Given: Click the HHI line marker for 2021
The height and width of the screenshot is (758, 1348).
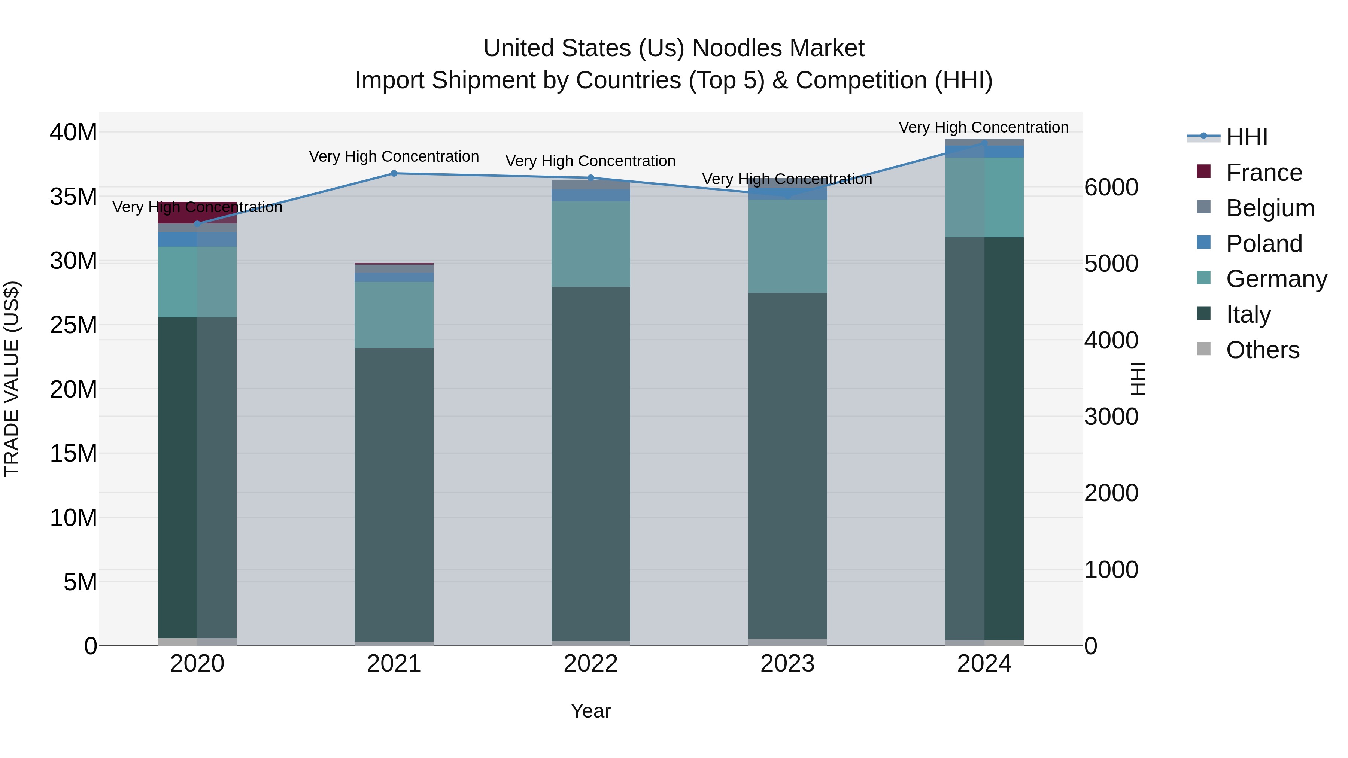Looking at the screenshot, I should click(x=394, y=173).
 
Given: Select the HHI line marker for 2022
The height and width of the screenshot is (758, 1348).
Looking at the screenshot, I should click(x=591, y=178).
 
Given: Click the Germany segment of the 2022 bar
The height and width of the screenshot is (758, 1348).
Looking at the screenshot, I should click(x=591, y=244).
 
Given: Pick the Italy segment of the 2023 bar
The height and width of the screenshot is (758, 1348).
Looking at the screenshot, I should click(x=787, y=466).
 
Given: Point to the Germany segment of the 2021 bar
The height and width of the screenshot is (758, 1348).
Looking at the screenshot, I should click(x=394, y=315).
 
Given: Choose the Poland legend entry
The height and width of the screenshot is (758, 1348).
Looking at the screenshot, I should click(x=1263, y=244).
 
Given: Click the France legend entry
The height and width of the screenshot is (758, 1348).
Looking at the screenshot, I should click(x=1263, y=173).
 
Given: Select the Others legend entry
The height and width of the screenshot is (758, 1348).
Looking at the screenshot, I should click(x=1262, y=350).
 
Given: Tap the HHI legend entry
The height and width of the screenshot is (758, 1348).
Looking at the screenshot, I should click(x=1247, y=137).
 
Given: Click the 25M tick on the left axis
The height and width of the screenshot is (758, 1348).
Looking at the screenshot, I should click(x=73, y=325).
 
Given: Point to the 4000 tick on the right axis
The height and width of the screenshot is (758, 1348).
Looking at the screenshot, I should click(x=1111, y=341).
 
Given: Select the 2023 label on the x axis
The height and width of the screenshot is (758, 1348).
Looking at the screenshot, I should click(x=787, y=664).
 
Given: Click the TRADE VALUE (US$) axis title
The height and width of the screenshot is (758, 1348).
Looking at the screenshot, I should click(x=12, y=379).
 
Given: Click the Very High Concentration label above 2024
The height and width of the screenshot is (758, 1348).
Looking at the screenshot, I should click(x=983, y=128).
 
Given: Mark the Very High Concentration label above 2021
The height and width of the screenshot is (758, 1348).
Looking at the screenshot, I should click(x=394, y=157).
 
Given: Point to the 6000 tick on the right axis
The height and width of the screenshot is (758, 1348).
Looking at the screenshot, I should click(x=1111, y=187).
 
